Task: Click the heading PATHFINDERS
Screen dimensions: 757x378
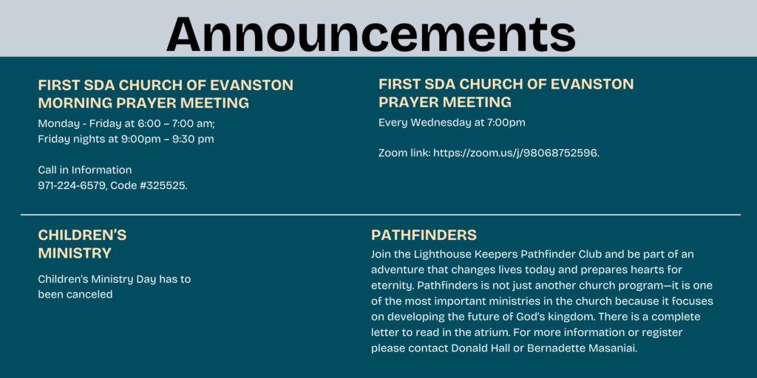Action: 424,236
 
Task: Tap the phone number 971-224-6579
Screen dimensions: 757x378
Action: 72,185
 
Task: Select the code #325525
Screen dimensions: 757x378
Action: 163,185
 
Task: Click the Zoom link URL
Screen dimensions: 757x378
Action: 516,154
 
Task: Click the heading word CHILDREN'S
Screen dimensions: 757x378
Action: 82,236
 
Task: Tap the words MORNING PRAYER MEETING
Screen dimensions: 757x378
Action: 144,103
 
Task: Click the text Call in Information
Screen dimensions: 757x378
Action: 85,171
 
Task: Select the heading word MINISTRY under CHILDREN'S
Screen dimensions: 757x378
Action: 75,253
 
